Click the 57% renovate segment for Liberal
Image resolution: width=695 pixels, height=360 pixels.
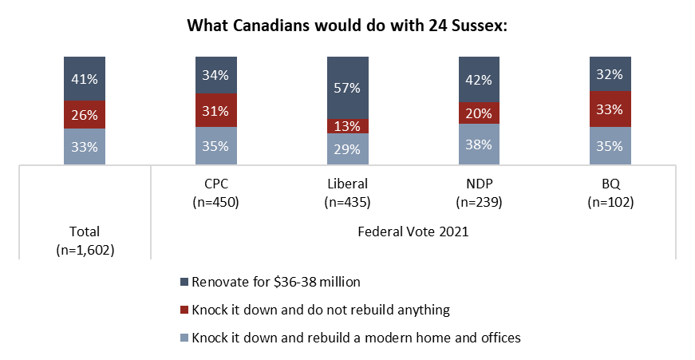coord(347,87)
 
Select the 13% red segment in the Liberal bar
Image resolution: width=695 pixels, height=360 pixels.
coord(347,125)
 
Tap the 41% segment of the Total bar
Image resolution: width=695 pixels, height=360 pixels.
coord(85,78)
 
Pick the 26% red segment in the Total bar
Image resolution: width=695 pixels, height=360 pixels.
coord(85,114)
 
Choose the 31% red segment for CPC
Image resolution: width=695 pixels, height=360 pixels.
coord(215,110)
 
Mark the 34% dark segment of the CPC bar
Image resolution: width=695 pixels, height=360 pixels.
coord(215,74)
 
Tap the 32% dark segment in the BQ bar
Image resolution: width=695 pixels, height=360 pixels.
coord(609,73)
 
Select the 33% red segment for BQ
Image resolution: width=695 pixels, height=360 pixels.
coord(609,109)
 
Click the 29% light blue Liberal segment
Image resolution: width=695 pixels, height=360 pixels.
coord(347,149)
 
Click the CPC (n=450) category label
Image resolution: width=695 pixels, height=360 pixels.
coord(215,194)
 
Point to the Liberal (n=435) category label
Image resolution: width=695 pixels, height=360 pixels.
coord(347,194)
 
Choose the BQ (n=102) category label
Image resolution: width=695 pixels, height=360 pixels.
coord(609,194)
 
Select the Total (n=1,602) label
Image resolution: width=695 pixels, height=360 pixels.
coord(85,240)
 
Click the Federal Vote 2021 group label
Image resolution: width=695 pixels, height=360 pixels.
coord(413,232)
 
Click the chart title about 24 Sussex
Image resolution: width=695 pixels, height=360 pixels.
coord(347,25)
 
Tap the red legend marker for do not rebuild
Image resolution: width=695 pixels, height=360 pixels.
coord(185,310)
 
